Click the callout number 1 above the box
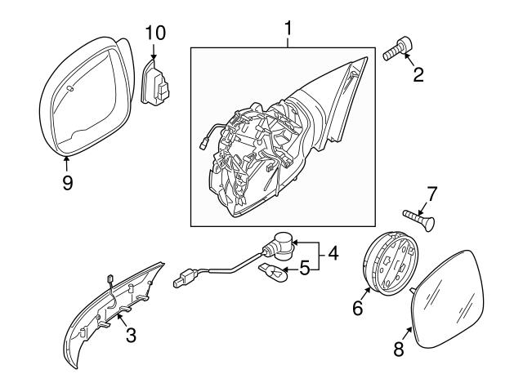point(288,30)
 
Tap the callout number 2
point(418,78)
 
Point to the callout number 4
point(333,253)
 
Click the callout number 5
point(302,266)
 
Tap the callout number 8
point(400,349)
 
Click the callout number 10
point(154,33)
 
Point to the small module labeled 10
point(156,82)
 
